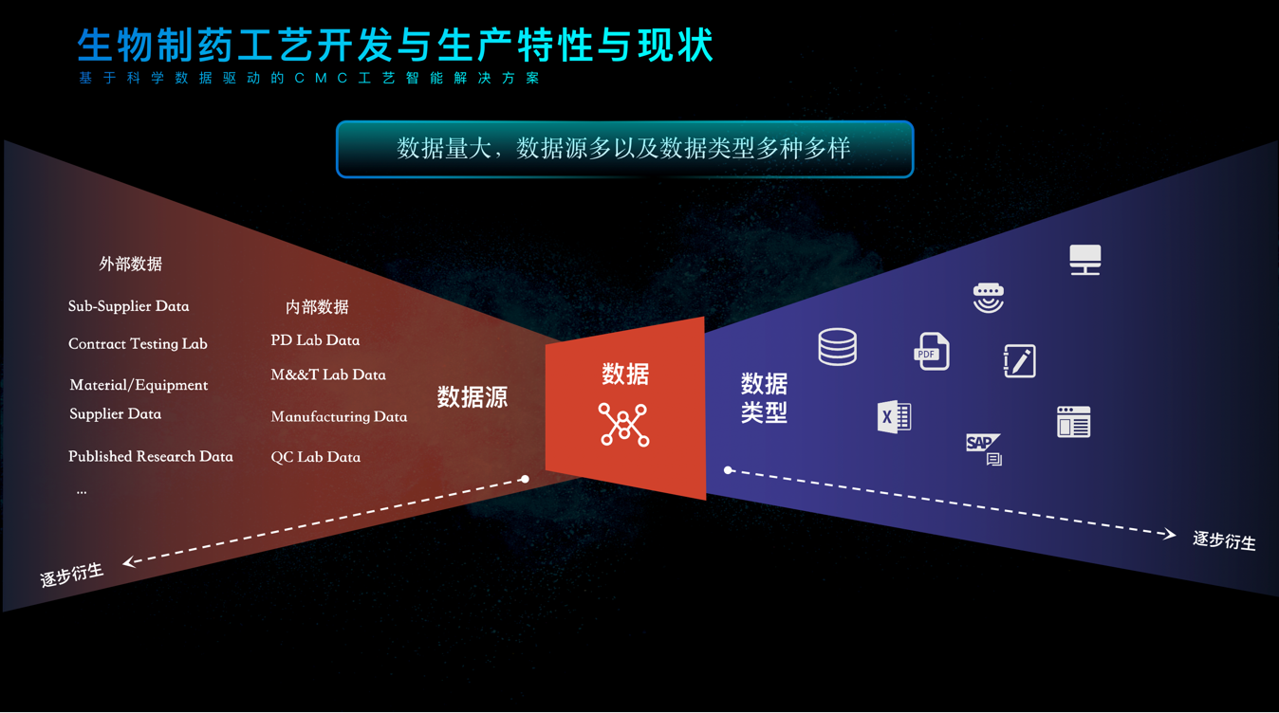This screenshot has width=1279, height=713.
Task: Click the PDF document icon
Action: click(931, 352)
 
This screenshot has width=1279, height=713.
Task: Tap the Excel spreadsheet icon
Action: click(894, 416)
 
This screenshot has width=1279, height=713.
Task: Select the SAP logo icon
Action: click(983, 448)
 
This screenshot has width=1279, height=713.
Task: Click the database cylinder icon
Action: click(837, 347)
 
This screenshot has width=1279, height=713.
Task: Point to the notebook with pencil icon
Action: click(1019, 361)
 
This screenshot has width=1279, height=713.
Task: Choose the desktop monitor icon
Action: click(1084, 259)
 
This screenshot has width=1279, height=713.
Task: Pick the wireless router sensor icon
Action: click(988, 297)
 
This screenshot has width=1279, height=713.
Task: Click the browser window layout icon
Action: click(1073, 422)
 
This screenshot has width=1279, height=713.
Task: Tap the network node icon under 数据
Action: click(623, 424)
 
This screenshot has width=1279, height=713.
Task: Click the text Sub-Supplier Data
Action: click(128, 306)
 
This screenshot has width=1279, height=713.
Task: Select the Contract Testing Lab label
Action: click(138, 344)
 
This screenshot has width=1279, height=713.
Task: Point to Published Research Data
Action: click(150, 456)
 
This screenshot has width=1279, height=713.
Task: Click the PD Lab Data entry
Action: click(315, 340)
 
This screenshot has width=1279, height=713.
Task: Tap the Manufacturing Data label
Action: click(339, 416)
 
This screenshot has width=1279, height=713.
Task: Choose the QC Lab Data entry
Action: click(315, 457)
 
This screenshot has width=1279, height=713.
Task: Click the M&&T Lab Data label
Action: click(328, 375)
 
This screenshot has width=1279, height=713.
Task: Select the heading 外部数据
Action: click(130, 264)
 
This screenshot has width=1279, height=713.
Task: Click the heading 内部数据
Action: click(317, 307)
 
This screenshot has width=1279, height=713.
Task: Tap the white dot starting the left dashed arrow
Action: click(525, 479)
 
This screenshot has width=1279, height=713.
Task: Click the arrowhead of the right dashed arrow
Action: click(1170, 535)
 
